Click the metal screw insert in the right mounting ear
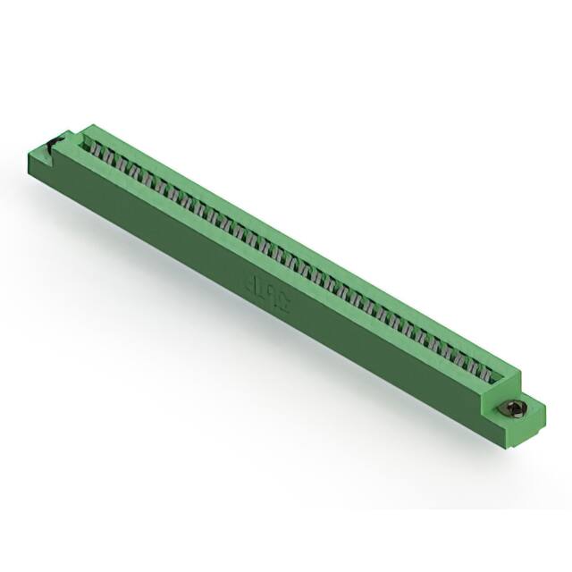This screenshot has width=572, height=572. click(516, 409)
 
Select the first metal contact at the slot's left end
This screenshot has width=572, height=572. click(89, 144)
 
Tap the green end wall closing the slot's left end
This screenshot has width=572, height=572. click(80, 136)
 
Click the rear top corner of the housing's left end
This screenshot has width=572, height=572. click(89, 124)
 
